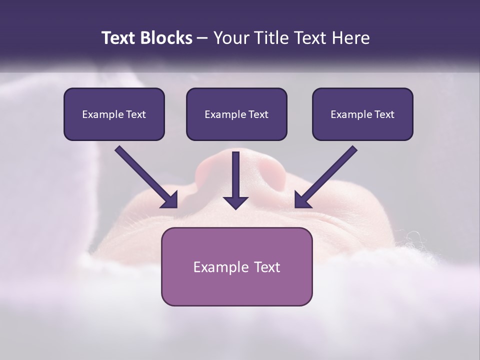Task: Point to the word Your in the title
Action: click(x=231, y=38)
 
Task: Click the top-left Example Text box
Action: click(x=114, y=114)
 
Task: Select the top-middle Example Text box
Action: click(x=236, y=114)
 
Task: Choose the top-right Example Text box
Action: click(x=362, y=114)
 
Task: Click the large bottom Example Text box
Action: click(x=236, y=266)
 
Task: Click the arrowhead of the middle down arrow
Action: click(x=235, y=201)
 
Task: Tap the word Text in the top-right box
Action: click(x=384, y=114)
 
